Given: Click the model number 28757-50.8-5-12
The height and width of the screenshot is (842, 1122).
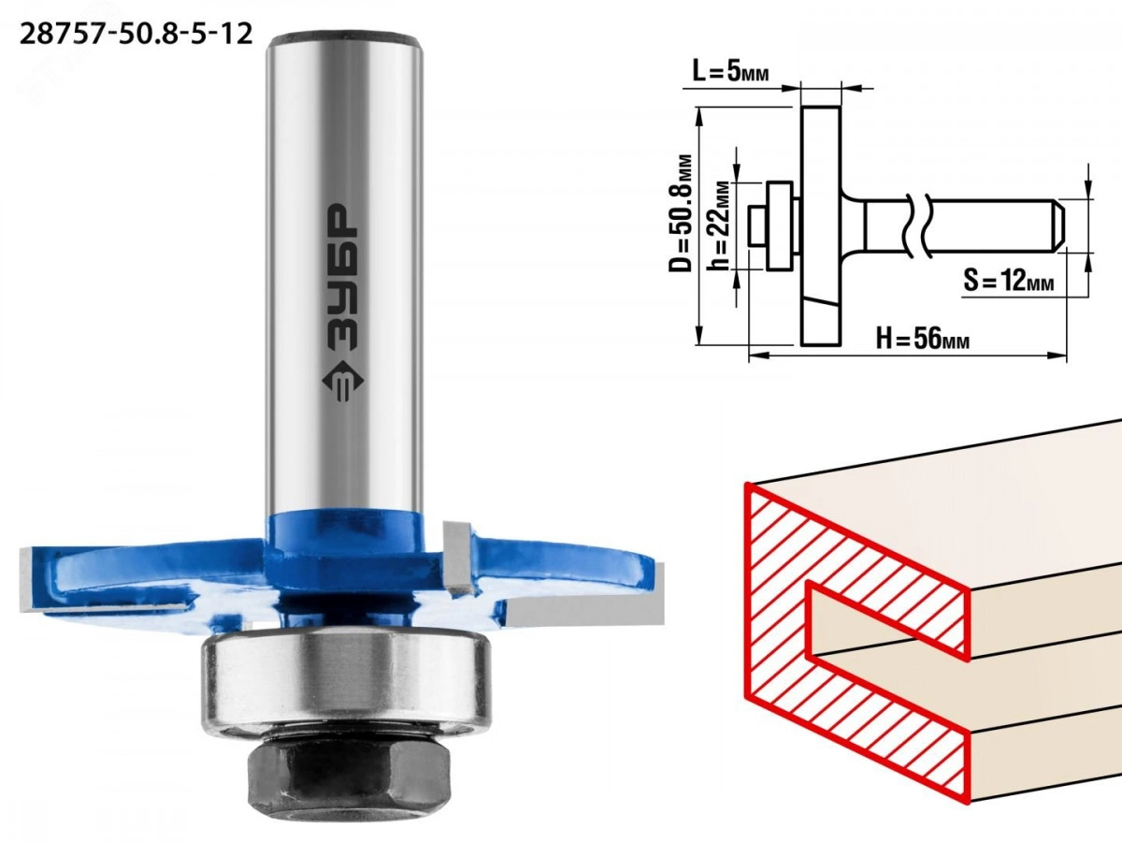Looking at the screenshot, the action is point(136,35).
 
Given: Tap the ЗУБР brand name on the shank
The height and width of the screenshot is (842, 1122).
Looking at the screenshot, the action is point(342,278).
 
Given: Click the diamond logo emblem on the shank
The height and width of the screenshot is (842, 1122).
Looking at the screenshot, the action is point(342,381).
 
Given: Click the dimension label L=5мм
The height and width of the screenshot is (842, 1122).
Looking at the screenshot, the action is point(730,72).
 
